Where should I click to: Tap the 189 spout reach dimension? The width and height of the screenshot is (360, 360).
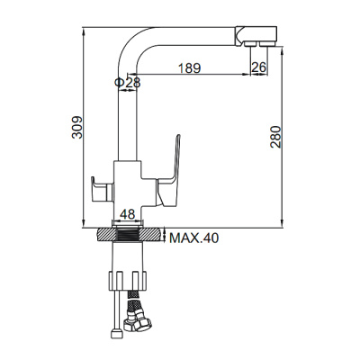click(188, 68)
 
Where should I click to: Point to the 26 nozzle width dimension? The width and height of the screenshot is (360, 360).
click(257, 68)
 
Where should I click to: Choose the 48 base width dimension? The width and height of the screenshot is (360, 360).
click(127, 215)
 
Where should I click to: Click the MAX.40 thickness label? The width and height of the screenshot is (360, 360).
click(194, 238)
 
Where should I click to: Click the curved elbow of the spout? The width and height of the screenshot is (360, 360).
click(134, 40)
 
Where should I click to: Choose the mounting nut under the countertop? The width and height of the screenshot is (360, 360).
click(128, 274)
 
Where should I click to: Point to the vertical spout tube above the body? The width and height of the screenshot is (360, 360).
click(128, 117)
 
